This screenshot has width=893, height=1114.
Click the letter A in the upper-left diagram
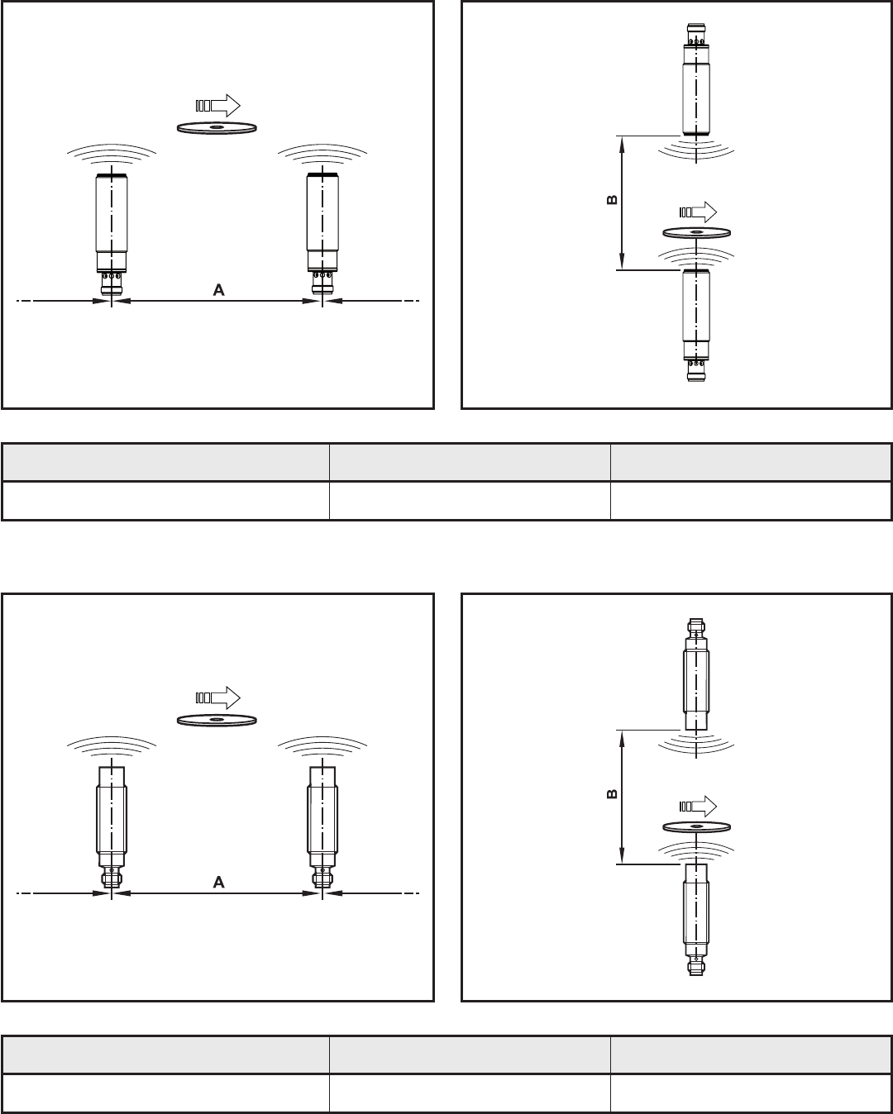[219, 290]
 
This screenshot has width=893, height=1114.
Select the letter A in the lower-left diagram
[219, 883]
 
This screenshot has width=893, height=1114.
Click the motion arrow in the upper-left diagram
[217, 106]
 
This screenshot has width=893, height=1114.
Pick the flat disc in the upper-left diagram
[217, 127]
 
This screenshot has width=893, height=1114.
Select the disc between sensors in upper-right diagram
[696, 232]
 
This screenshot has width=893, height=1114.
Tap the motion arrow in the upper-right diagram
[697, 210]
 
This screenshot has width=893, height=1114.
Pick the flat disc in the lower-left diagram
[217, 720]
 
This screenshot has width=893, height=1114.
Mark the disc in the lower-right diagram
[697, 826]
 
